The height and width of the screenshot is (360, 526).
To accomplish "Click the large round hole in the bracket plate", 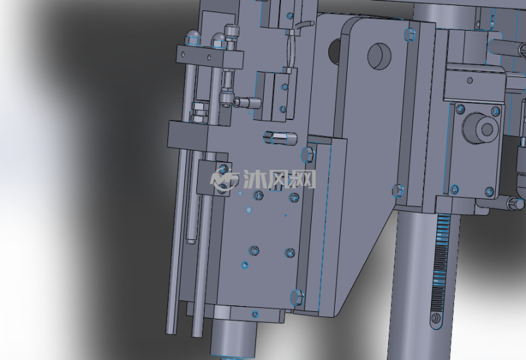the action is pyautogui.click(x=379, y=56).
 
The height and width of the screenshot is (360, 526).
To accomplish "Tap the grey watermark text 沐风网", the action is pyautogui.click(x=279, y=179).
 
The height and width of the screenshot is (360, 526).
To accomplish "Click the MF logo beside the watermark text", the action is pyautogui.click(x=224, y=180).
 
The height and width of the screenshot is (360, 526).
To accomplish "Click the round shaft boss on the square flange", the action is pyautogui.click(x=479, y=128).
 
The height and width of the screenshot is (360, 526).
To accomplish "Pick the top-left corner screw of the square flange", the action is pyautogui.click(x=461, y=108).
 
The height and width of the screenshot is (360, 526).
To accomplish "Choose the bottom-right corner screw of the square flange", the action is pyautogui.click(x=489, y=192).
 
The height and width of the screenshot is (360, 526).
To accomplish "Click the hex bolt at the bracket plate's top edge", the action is pyautogui.click(x=409, y=34).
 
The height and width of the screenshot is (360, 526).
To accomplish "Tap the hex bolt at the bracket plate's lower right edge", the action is pyautogui.click(x=398, y=190).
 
